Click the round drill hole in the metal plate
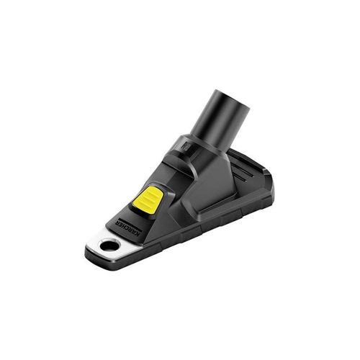click(x=109, y=245)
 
